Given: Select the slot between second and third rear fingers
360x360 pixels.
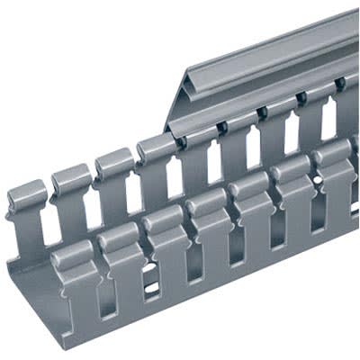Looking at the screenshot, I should pos(91,202).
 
